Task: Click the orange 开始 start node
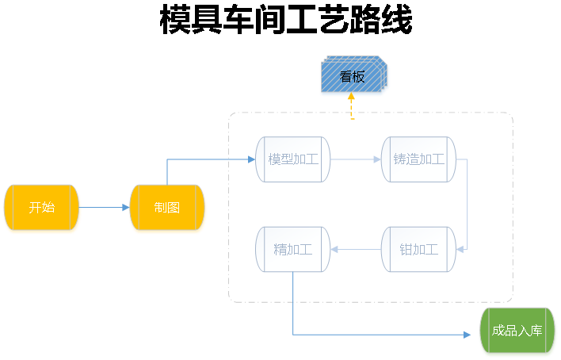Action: coord(42,209)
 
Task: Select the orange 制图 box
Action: coord(167,209)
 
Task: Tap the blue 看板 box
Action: coord(352,77)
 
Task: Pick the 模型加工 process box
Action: coord(292,159)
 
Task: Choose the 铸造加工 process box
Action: coord(418,159)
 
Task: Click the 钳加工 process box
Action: coord(418,249)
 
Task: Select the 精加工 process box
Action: coord(292,249)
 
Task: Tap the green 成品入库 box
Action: coord(517,331)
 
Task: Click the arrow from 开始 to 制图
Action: coord(105,208)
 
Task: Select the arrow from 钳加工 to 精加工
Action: coord(355,250)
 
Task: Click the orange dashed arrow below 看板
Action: coord(352,108)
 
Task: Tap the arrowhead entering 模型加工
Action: coord(251,159)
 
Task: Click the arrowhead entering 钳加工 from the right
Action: coord(461,249)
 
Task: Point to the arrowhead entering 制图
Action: coord(125,208)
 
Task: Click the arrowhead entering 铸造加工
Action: coord(376,159)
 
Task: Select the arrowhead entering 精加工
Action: coord(334,250)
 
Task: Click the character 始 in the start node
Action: coord(48,208)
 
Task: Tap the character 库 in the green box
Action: coord(536,331)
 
